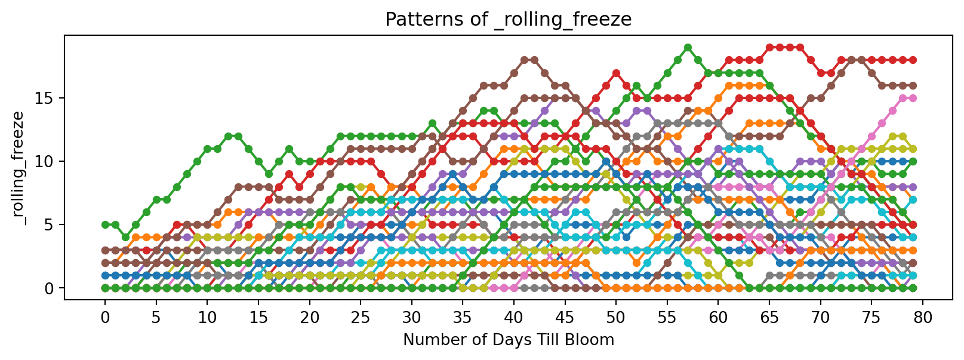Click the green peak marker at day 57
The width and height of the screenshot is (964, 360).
coord(688,47)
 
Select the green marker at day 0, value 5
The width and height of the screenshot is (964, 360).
coord(105,224)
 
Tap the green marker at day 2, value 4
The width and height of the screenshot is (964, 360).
coord(125,237)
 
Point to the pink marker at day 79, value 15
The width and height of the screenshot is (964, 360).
coord(913,98)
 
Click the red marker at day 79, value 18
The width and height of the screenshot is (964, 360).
coord(913,60)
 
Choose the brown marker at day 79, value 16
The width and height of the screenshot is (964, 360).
coord(913,85)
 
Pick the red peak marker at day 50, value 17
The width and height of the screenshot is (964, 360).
coord(616,73)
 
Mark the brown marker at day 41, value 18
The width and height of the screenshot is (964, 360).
coord(524,60)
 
